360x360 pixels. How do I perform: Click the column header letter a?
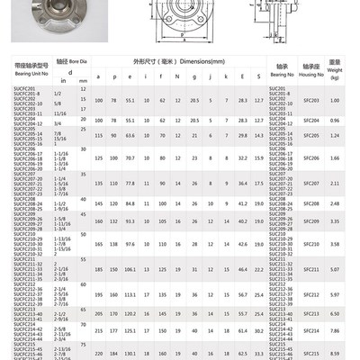[100, 77]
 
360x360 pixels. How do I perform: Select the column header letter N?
[177, 77]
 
